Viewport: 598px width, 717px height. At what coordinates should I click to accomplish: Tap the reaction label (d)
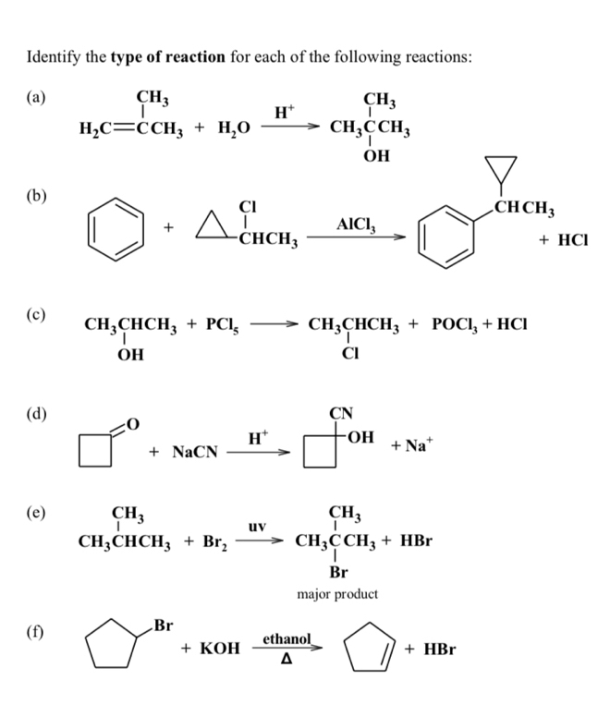click(x=38, y=412)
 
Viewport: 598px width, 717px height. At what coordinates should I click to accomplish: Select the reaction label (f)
click(x=38, y=634)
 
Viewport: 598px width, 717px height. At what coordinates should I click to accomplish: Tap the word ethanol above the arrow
click(x=287, y=638)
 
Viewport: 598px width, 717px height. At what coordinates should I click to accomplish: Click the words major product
click(x=337, y=593)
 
